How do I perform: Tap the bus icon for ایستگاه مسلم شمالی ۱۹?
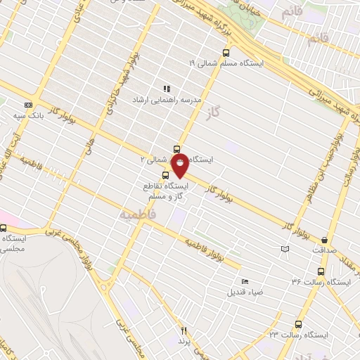[x=226, y=52]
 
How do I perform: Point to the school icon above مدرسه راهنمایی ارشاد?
[x=167, y=89]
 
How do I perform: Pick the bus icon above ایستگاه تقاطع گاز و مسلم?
[x=165, y=174]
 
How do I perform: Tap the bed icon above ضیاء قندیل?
[x=245, y=281]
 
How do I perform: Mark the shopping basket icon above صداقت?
[x=324, y=240]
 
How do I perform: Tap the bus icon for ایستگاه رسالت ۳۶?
[x=321, y=271]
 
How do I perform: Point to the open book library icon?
[x=285, y=248]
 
